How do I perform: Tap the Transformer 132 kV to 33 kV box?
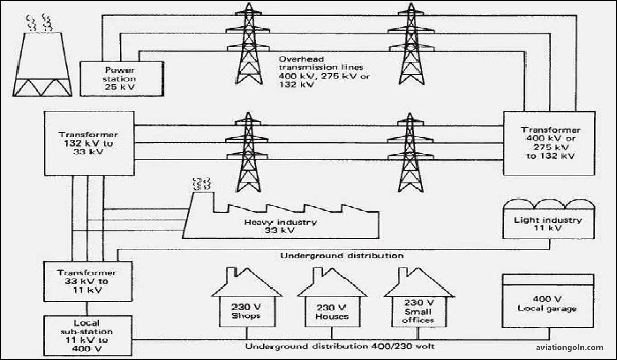point(89,143)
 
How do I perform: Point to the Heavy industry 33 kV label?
point(280,227)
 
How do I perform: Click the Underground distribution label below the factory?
point(341,255)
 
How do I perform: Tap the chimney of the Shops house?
point(231,273)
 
